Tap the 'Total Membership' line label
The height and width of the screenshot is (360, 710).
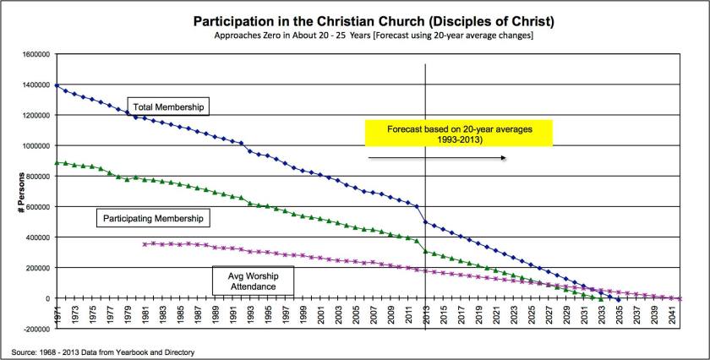tap(168, 106)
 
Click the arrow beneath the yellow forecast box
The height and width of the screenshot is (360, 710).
tap(437, 158)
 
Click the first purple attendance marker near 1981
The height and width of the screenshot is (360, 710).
tap(145, 243)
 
